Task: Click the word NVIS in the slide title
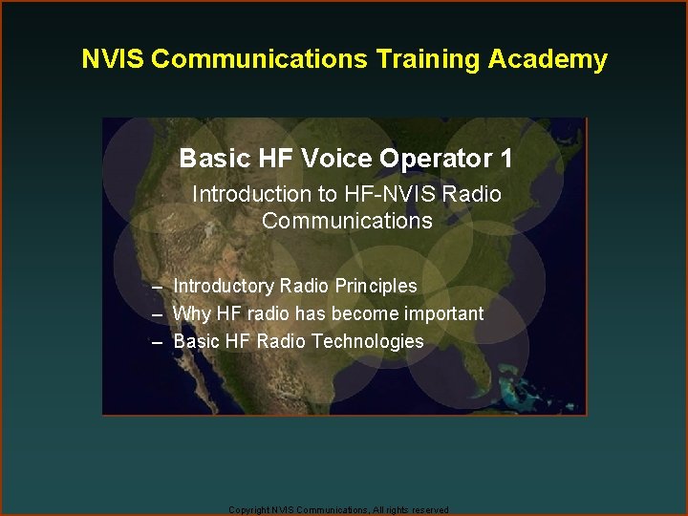click(113, 59)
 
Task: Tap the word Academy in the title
click(548, 59)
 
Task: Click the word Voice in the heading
click(336, 158)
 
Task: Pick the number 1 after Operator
click(505, 158)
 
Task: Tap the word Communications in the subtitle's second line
click(347, 221)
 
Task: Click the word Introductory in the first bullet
click(224, 286)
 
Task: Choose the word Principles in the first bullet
click(376, 286)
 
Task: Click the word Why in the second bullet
click(190, 313)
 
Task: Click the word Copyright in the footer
click(248, 510)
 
